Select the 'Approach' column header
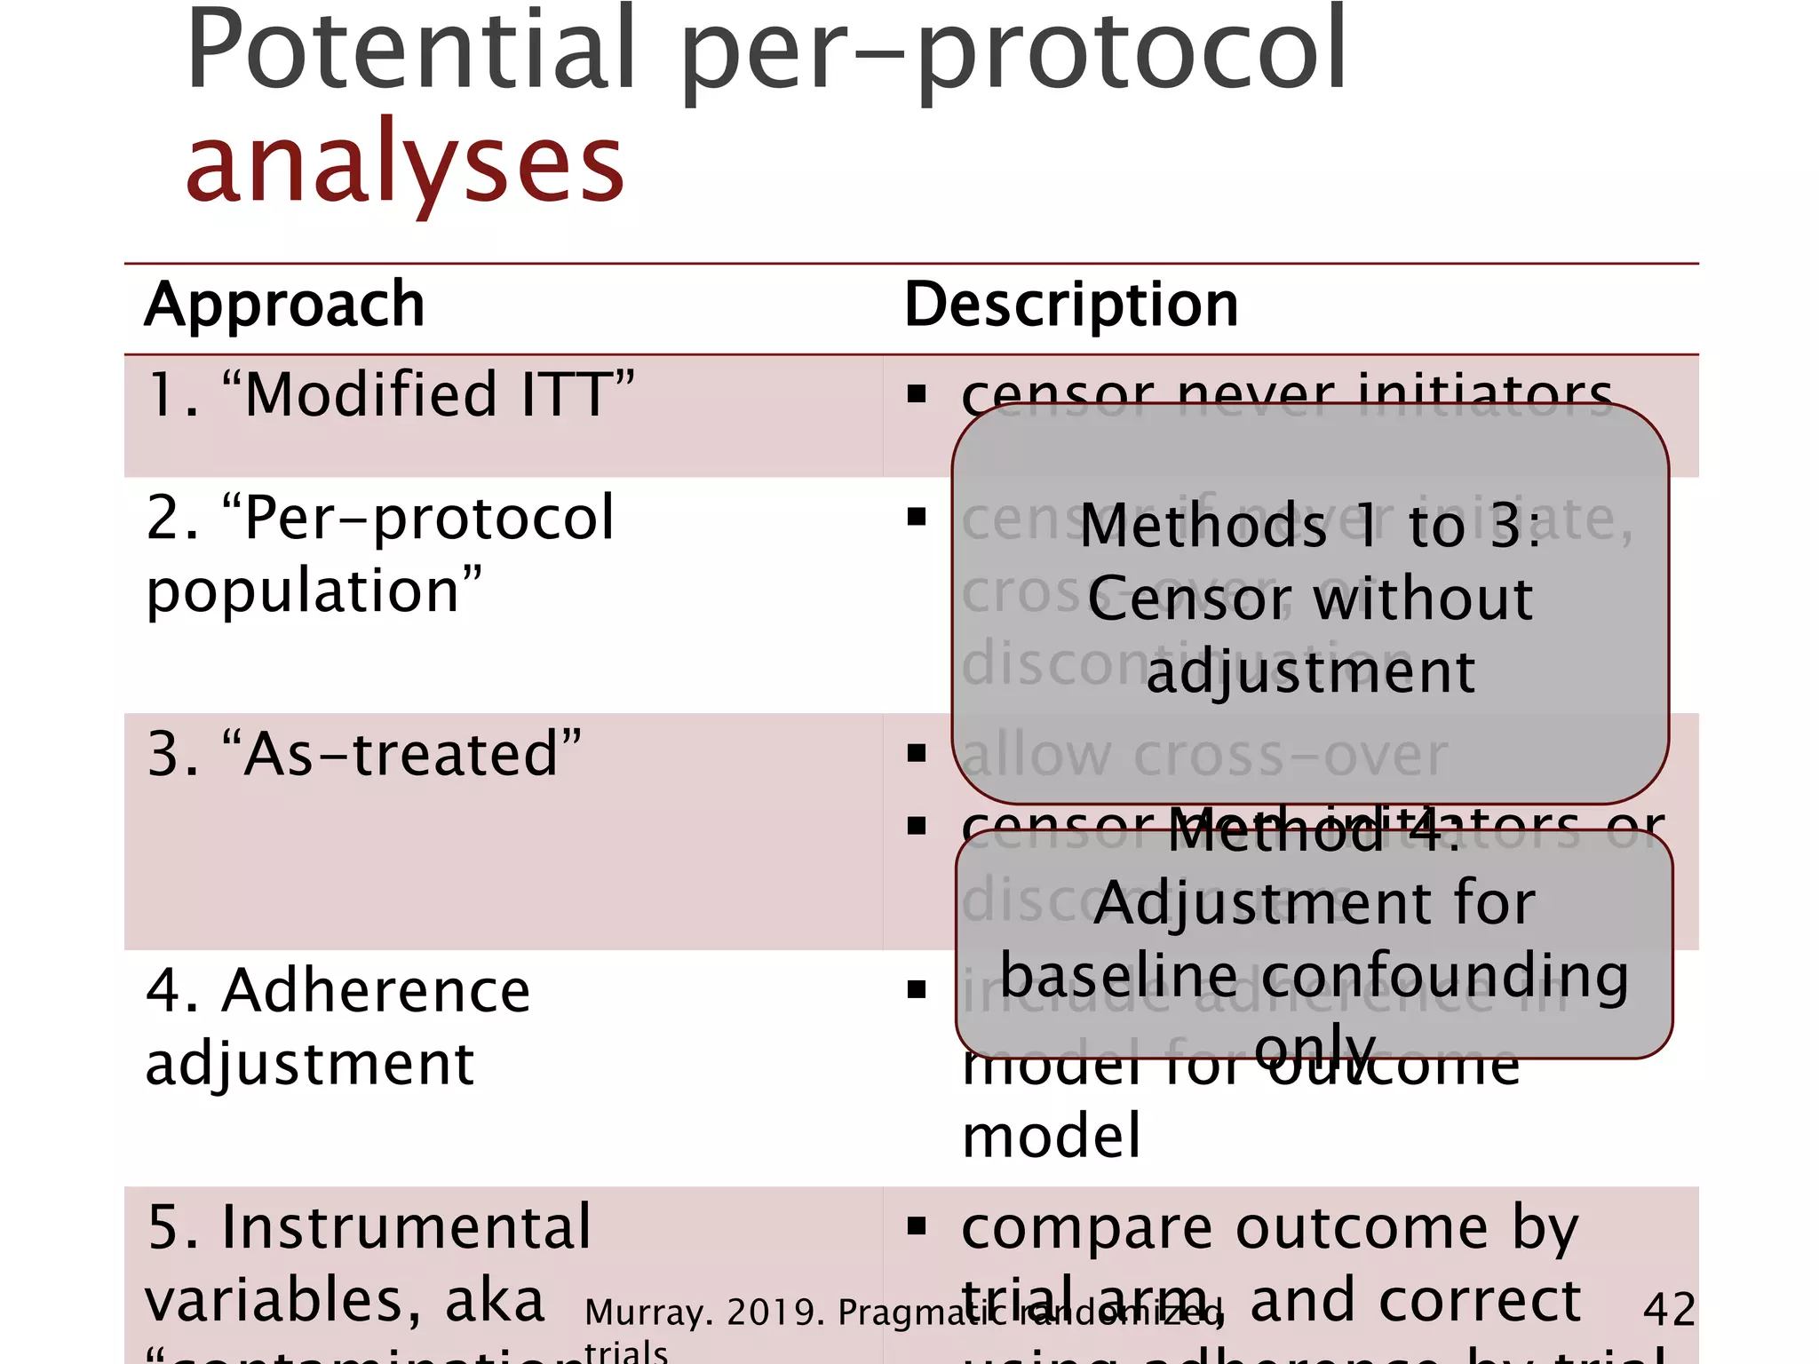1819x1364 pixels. (284, 305)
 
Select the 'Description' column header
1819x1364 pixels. (1070, 305)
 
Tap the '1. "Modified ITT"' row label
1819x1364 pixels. (391, 394)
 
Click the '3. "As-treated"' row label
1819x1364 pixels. (364, 754)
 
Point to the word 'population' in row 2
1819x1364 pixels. (314, 591)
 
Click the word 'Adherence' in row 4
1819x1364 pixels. (376, 991)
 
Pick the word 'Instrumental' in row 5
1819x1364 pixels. (406, 1227)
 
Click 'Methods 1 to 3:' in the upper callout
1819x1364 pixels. (1309, 526)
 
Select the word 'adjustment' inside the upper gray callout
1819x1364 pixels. (1310, 672)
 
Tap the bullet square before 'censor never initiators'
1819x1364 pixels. (917, 393)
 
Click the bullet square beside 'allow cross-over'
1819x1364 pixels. (917, 754)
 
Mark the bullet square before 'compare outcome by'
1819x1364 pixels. (917, 1227)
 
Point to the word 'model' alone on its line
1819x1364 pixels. (1051, 1136)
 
